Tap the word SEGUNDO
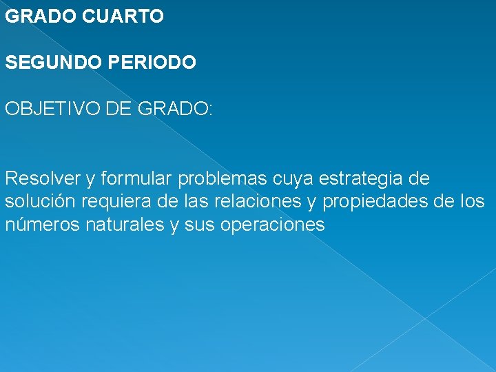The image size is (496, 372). (x=50, y=63)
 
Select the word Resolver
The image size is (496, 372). (x=42, y=179)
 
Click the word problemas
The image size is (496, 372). (x=213, y=179)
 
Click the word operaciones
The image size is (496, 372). (x=272, y=225)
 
